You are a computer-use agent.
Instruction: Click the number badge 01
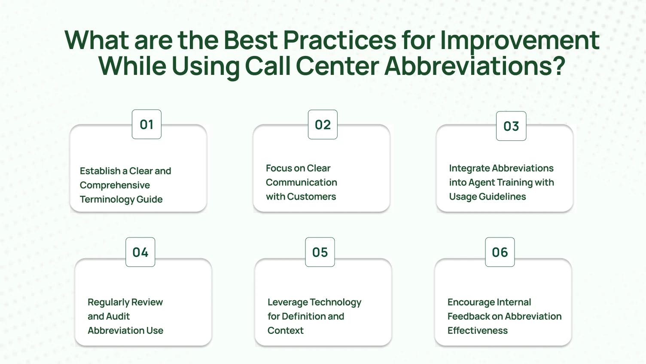(146, 124)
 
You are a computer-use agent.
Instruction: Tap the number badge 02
(323, 125)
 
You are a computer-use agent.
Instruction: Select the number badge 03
(511, 126)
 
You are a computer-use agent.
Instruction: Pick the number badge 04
(140, 252)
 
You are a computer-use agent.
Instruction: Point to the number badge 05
(320, 252)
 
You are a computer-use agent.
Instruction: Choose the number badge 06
(500, 252)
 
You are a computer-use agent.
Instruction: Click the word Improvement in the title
(520, 41)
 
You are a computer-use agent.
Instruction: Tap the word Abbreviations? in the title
(474, 67)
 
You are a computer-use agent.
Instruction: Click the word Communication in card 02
(301, 182)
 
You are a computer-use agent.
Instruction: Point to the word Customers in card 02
(311, 197)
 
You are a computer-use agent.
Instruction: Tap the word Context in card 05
(285, 331)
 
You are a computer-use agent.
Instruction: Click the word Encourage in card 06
(470, 302)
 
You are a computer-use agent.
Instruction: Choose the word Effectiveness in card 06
(477, 331)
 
